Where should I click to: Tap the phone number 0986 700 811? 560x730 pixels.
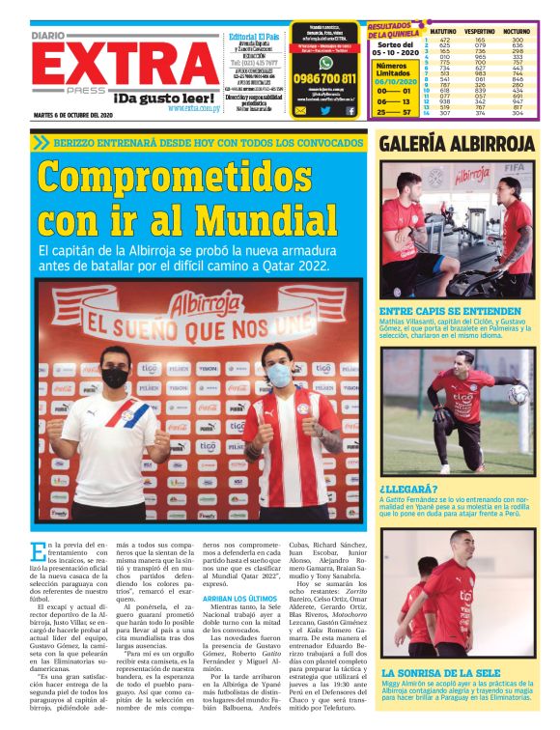coord(324,78)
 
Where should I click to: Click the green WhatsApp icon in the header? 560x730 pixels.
coord(325,63)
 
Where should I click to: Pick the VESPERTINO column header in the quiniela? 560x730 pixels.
coord(479,31)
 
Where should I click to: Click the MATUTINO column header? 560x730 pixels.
coord(443,31)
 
